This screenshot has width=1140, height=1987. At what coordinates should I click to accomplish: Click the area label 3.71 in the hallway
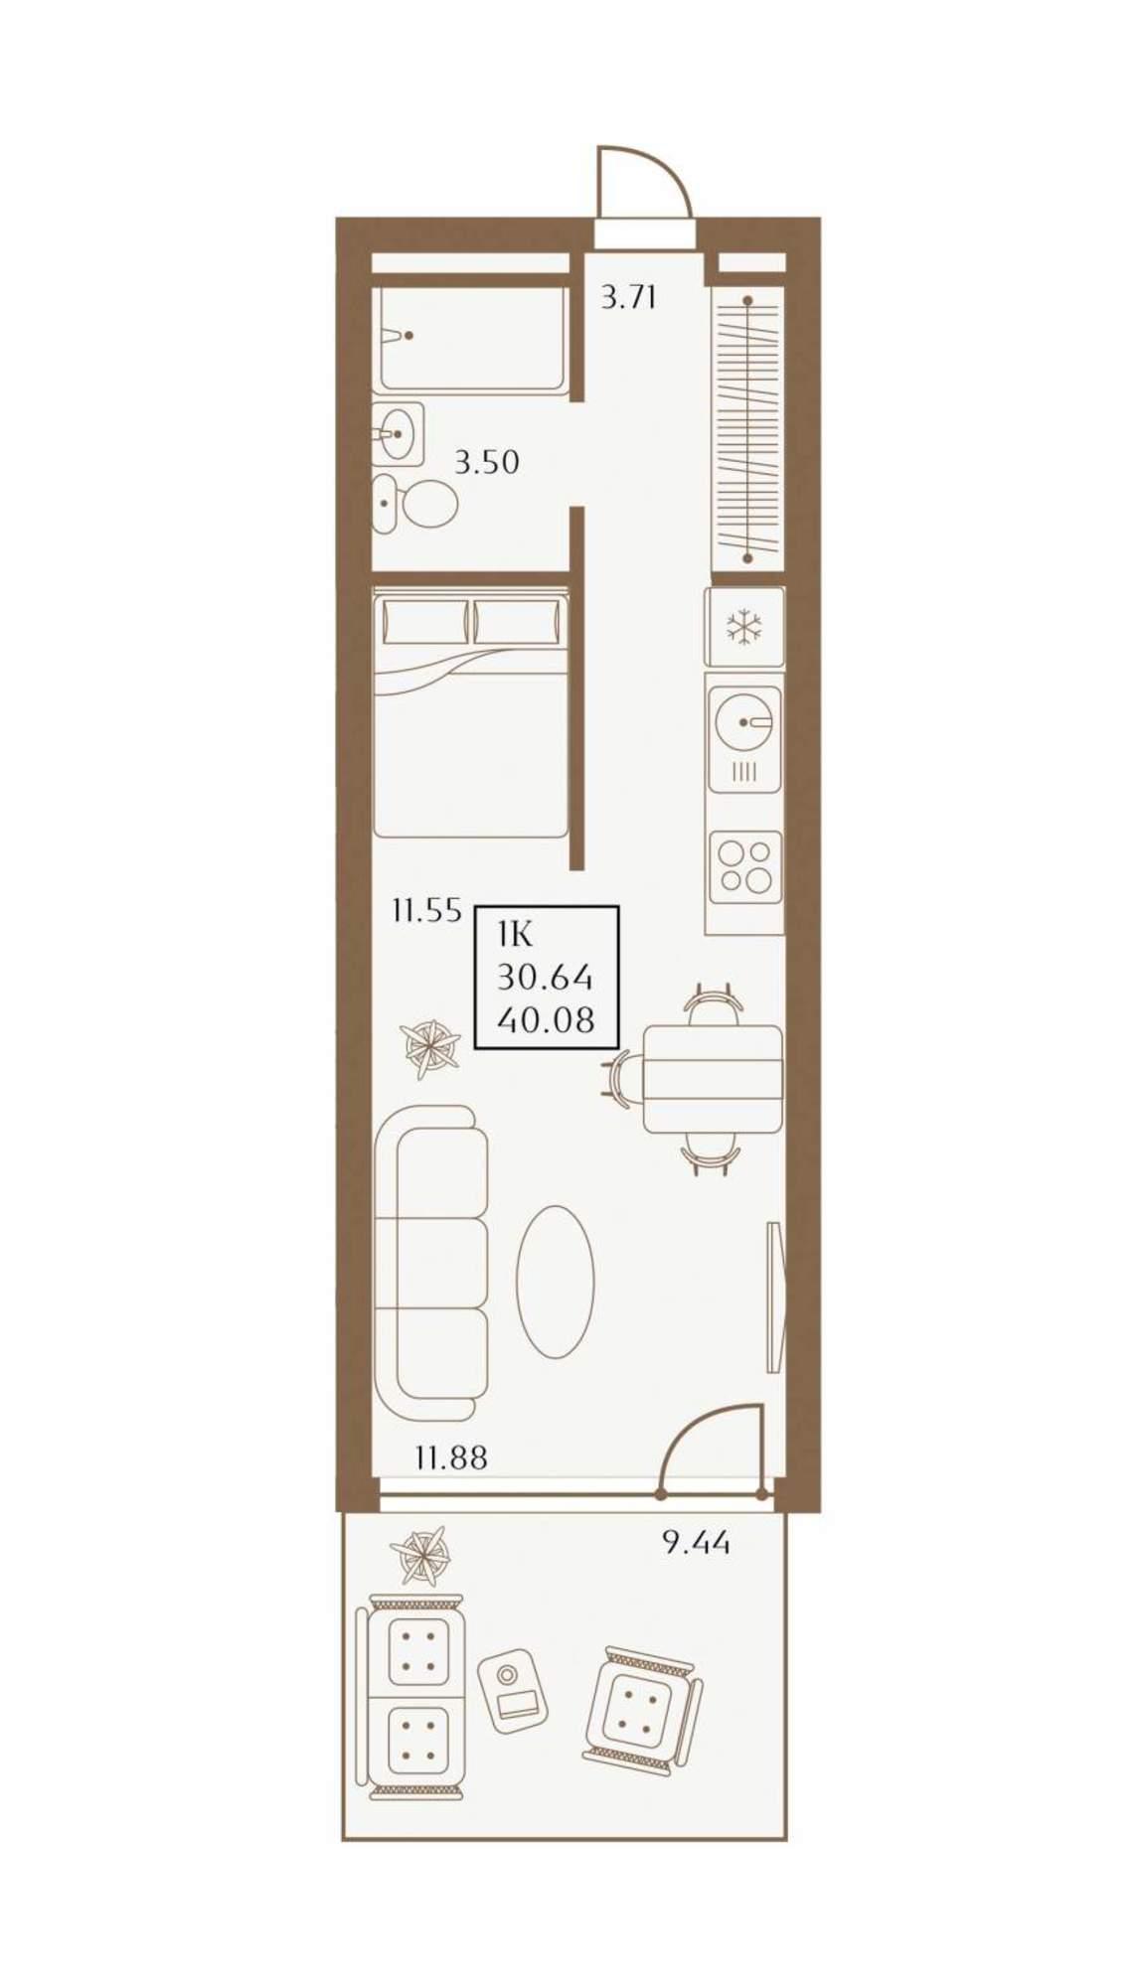[628, 297]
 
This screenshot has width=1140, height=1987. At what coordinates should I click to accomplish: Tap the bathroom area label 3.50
[487, 462]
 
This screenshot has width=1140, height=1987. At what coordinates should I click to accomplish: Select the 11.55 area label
[426, 910]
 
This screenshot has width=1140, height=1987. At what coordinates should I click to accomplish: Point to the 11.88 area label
[451, 1458]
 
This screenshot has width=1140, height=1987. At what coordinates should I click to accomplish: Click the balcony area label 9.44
[696, 1543]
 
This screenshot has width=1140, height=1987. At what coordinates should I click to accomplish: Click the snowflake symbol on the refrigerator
[744, 627]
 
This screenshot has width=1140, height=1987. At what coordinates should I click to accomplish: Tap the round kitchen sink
[745, 721]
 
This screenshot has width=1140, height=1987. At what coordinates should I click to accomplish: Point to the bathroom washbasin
[398, 432]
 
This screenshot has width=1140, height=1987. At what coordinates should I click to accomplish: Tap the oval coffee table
[556, 1282]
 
